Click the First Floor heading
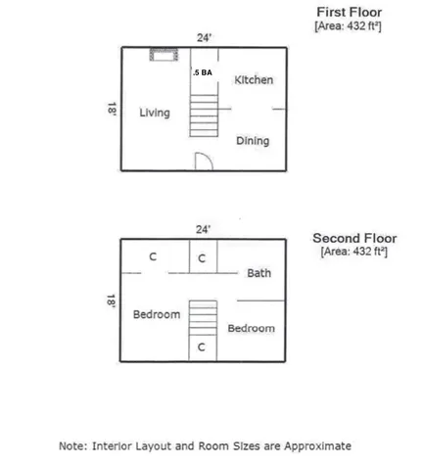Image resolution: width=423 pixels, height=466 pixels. click(349, 13)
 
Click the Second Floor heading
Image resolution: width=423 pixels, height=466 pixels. click(354, 238)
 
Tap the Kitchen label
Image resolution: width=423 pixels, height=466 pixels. click(254, 80)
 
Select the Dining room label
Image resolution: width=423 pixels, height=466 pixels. click(253, 141)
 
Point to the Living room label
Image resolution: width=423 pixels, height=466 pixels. click(155, 113)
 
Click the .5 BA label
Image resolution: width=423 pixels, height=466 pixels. click(203, 72)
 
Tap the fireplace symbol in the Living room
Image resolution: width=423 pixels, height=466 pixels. click(164, 55)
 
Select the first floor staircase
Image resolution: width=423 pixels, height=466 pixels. click(204, 116)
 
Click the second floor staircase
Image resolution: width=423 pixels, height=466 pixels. click(203, 318)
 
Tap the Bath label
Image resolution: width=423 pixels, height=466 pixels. click(258, 273)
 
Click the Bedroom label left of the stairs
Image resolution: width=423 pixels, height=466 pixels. click(157, 314)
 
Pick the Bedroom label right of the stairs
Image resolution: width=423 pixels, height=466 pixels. click(252, 328)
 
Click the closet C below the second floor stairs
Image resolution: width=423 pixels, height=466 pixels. click(202, 348)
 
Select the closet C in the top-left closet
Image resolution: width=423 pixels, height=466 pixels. click(153, 256)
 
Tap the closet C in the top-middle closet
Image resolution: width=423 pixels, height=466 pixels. click(202, 258)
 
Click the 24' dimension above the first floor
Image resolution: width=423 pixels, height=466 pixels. click(204, 38)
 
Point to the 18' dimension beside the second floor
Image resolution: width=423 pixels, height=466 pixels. click(111, 302)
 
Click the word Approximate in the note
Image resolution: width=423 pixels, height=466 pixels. click(317, 446)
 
